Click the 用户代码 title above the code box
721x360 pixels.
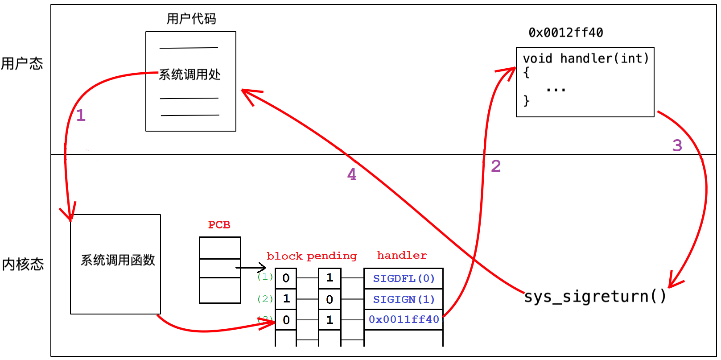click(191, 19)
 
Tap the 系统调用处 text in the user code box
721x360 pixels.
click(190, 74)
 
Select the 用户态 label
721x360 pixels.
click(22, 64)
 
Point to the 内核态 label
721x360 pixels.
click(23, 264)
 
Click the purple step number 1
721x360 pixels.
click(81, 116)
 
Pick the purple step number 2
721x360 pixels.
click(496, 166)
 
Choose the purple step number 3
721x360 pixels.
click(677, 145)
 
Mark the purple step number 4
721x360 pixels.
click(352, 174)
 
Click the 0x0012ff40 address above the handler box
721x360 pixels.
click(566, 33)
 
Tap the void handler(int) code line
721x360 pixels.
click(586, 58)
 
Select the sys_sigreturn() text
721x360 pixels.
click(595, 296)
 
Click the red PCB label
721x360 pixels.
click(219, 225)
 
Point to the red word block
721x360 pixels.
click(285, 256)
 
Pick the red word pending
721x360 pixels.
click(332, 256)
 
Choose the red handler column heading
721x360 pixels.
click(402, 255)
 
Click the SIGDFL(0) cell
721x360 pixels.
click(404, 279)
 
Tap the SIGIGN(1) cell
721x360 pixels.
click(404, 299)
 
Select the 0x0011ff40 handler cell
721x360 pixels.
click(404, 320)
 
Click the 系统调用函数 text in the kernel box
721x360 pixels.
click(118, 260)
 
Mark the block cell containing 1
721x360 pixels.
click(286, 299)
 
